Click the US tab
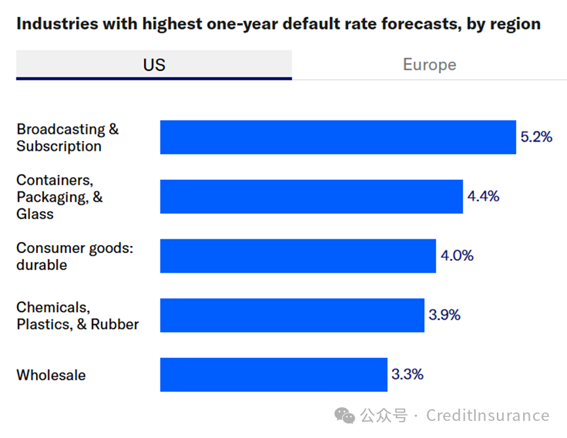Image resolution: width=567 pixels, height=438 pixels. click(154, 65)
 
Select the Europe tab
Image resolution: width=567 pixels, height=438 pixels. click(429, 65)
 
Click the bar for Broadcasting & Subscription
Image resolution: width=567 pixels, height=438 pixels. click(338, 137)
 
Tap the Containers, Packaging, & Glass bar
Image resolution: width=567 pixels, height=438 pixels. click(311, 197)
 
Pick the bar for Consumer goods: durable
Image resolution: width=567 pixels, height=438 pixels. click(298, 256)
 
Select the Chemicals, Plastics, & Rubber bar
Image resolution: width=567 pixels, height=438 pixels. click(292, 315)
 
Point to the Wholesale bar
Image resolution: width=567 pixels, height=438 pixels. click(273, 374)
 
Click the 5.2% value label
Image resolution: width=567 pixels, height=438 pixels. click(536, 137)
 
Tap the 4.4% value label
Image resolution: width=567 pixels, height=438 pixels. click(483, 196)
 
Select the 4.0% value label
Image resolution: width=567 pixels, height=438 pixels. click(457, 256)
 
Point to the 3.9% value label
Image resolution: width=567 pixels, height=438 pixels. click(444, 315)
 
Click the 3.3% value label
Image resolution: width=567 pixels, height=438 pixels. click(407, 374)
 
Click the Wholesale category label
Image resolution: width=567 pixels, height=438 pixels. click(51, 376)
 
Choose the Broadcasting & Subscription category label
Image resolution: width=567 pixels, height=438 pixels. click(68, 138)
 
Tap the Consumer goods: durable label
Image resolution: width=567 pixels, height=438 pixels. click(75, 256)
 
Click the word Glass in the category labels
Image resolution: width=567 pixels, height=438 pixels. click(35, 214)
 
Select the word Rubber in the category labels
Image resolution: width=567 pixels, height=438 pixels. click(115, 324)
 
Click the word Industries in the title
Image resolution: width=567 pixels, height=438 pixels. click(54, 24)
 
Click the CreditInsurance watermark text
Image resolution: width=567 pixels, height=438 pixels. click(488, 416)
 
